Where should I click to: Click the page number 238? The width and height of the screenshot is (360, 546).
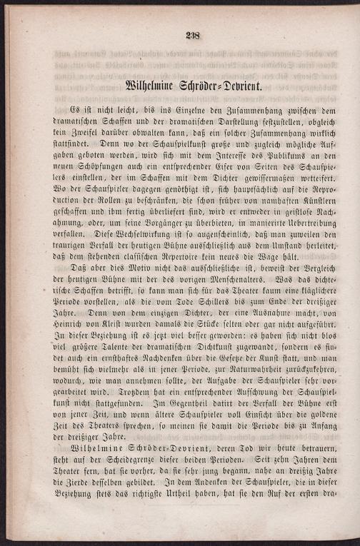(192, 35)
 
